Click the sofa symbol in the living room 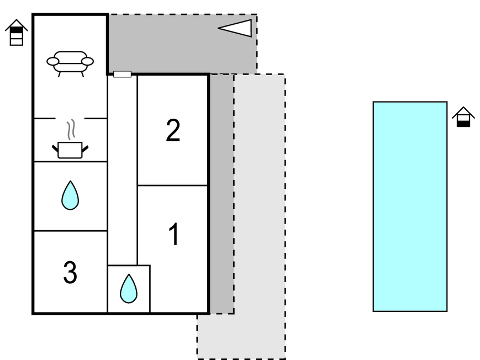click(70, 62)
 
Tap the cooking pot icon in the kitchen click(70, 150)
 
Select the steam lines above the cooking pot click(70, 130)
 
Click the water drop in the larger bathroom click(70, 195)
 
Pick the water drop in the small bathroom click(129, 288)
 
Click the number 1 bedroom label click(173, 235)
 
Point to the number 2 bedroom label click(173, 131)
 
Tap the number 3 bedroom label click(70, 273)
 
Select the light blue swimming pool click(410, 206)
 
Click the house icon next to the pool click(463, 117)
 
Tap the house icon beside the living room click(17, 33)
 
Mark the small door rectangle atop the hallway click(122, 74)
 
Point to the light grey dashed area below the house click(260, 221)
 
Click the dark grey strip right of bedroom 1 click(221, 193)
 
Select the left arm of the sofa click(53, 61)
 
